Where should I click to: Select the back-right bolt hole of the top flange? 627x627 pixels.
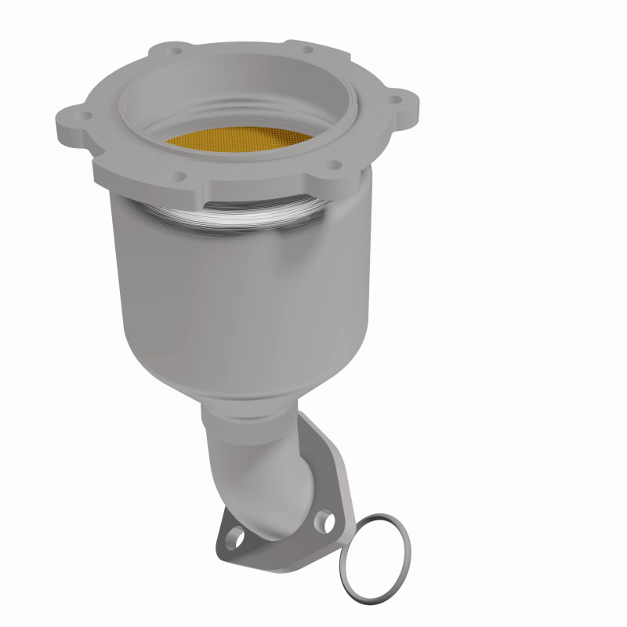(x=306, y=49)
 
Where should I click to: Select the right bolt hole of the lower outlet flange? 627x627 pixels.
(x=323, y=520)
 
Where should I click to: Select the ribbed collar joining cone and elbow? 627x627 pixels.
(x=243, y=415)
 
